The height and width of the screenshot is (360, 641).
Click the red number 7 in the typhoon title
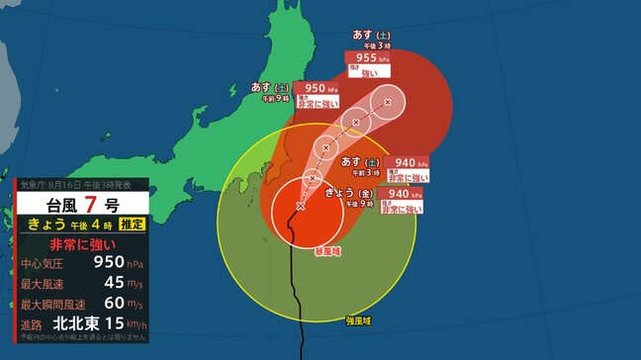pyautogui.click(x=91, y=205)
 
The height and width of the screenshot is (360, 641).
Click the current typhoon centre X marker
pyautogui.click(x=301, y=206)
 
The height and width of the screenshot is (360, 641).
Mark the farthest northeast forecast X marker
pyautogui.click(x=388, y=102)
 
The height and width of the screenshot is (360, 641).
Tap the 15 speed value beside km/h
pyautogui.click(x=112, y=326)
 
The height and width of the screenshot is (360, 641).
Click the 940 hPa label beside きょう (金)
pyautogui.click(x=400, y=194)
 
